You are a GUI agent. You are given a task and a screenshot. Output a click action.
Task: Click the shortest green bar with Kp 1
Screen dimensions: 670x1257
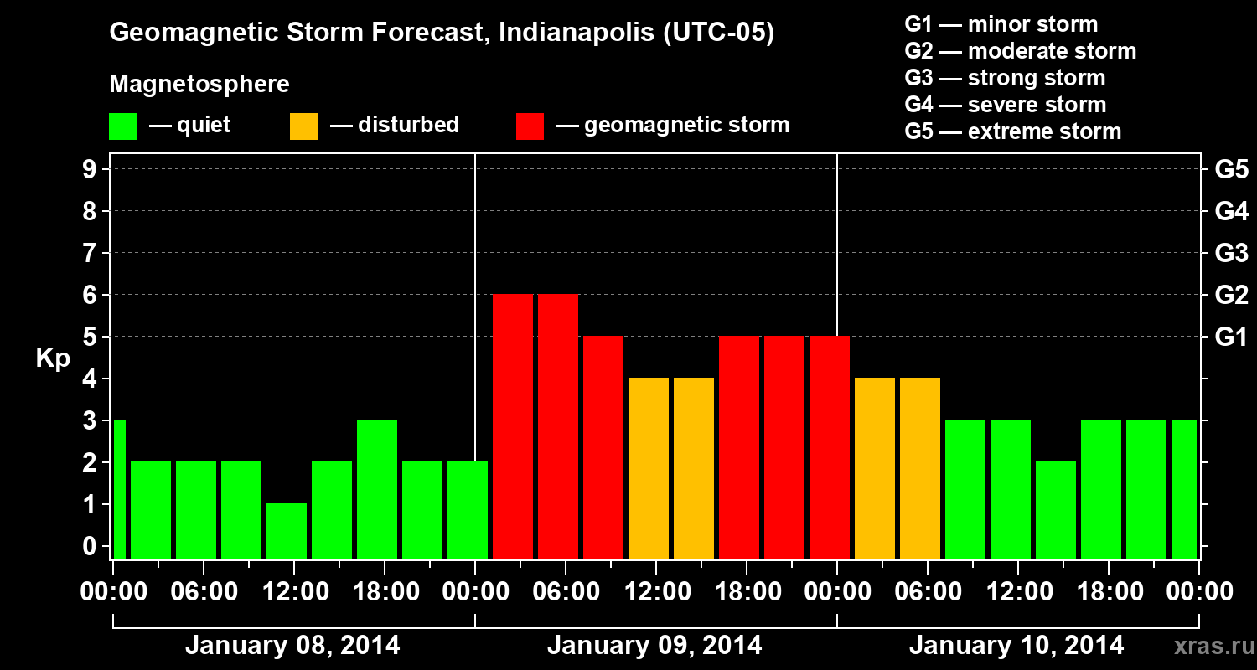tap(287, 531)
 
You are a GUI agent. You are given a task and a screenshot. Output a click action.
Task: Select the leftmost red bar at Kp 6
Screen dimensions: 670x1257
tap(513, 426)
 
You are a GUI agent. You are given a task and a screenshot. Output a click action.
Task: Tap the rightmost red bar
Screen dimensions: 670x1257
tap(830, 447)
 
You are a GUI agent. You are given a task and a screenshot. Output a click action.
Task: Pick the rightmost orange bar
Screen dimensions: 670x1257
tap(920, 468)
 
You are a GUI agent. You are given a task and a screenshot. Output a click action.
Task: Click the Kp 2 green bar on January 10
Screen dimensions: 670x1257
tap(1056, 510)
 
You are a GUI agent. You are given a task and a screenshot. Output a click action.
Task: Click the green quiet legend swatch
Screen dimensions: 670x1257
tap(123, 126)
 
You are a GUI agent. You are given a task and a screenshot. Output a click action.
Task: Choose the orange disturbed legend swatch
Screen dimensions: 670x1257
tap(304, 126)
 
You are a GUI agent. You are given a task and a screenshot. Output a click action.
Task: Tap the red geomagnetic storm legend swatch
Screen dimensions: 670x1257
tap(530, 126)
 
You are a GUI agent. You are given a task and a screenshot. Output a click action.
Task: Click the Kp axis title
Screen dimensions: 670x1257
tap(53, 358)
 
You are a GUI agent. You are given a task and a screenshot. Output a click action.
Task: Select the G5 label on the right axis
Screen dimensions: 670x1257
tap(1231, 170)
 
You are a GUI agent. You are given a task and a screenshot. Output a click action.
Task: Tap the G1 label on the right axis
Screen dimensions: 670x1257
tap(1231, 338)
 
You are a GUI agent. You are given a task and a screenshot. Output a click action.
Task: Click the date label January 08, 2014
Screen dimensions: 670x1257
tap(292, 646)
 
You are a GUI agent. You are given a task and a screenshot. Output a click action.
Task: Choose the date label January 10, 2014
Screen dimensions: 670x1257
tap(1016, 646)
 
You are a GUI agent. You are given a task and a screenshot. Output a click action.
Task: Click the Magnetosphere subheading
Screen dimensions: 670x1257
tap(199, 85)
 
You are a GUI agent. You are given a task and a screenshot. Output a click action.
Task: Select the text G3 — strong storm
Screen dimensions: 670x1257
tap(1005, 78)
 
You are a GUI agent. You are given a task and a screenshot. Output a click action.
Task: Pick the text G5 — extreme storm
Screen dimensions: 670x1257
tap(1012, 131)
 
